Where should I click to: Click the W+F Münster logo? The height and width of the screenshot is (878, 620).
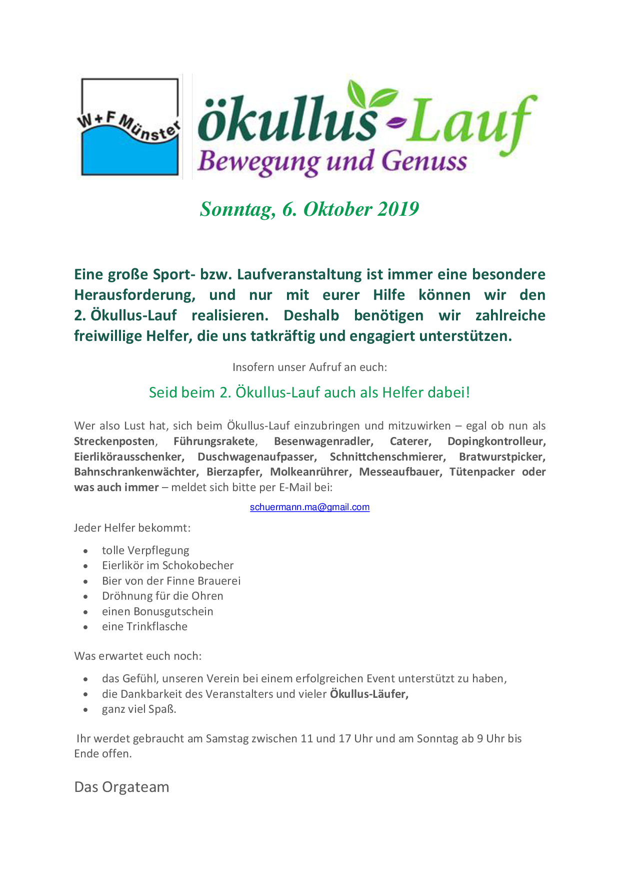coord(129,127)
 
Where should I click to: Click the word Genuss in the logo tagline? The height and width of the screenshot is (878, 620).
coord(424,162)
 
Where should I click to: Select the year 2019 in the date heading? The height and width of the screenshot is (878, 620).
coord(398,209)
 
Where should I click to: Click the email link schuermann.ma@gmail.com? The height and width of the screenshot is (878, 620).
coord(309,507)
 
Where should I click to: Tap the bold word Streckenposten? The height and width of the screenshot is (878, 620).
coord(114,442)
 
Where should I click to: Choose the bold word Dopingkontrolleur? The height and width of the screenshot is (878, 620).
coord(496,442)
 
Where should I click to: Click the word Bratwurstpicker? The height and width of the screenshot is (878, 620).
coord(502,457)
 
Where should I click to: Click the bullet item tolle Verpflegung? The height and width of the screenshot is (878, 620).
coord(145,551)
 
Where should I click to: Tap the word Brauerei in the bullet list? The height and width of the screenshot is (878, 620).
coord(217,581)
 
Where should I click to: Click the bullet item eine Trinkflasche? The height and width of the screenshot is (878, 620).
coord(144,627)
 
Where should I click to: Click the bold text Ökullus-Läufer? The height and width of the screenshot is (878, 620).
coord(369,694)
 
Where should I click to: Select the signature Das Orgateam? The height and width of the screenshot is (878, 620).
coord(121,787)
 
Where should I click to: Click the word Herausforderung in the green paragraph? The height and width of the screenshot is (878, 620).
coord(134,295)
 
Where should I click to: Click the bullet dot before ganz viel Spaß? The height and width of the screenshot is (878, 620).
coord(86,710)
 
